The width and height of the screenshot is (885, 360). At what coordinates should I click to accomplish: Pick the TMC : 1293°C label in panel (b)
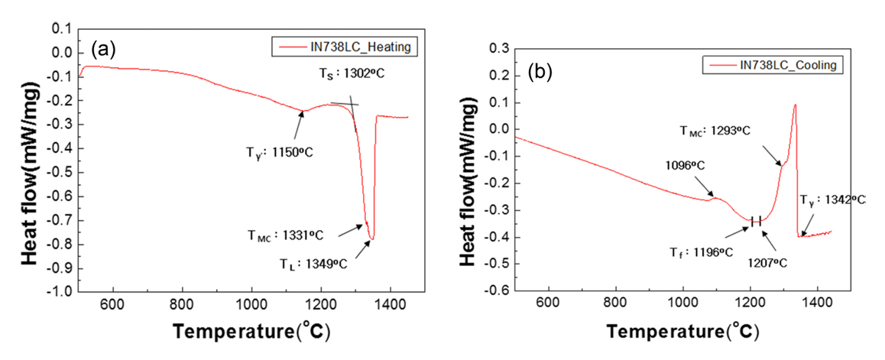click(715, 130)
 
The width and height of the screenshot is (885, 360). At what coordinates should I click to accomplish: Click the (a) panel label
click(103, 50)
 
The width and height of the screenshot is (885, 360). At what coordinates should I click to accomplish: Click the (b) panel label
click(540, 73)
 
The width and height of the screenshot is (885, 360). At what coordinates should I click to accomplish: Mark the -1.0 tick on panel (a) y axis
click(63, 292)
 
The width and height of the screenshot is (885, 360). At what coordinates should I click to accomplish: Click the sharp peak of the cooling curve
click(795, 105)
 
